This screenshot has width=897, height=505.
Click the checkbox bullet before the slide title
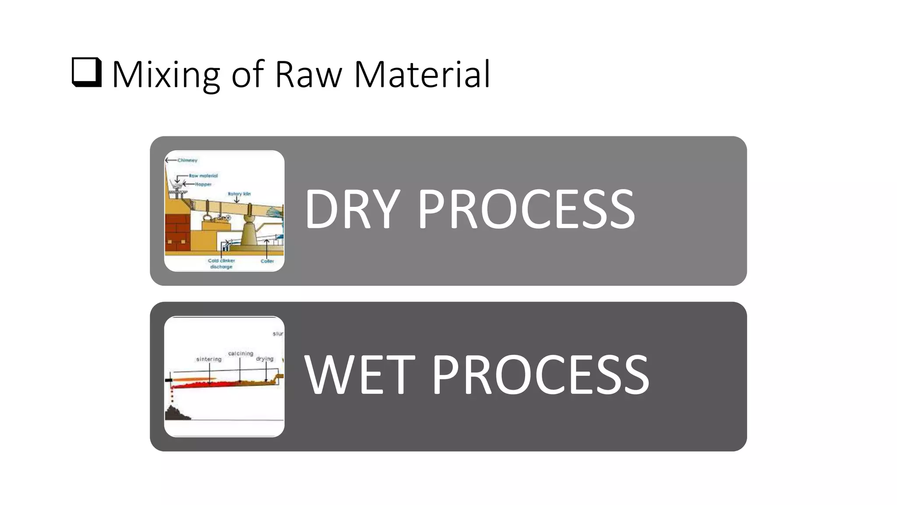point(87,73)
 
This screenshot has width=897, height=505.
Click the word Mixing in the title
point(166,75)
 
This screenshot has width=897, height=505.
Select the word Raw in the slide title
point(308,75)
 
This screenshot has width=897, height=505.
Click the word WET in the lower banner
point(359,375)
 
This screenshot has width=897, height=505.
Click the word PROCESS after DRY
point(526,209)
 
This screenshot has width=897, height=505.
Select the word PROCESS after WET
point(540,375)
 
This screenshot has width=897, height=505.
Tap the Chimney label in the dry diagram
point(187,160)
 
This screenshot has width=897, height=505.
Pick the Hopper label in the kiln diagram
point(203,185)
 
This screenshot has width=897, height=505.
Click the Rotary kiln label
point(239,194)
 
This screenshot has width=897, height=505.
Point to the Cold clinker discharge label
point(221,263)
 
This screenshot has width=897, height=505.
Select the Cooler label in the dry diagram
point(267,261)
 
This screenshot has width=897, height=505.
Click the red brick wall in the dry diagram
point(177,232)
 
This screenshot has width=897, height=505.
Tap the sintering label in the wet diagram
point(209,359)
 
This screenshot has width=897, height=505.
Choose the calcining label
point(240,353)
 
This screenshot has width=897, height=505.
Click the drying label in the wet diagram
point(265,359)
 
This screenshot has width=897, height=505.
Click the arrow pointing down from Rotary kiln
point(237,200)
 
